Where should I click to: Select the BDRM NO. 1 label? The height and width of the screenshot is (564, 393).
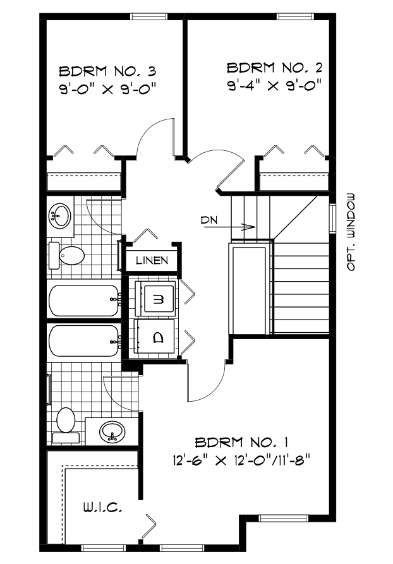click(x=242, y=440)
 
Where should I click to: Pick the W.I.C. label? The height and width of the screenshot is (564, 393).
click(x=101, y=507)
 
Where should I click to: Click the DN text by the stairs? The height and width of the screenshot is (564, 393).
click(x=209, y=220)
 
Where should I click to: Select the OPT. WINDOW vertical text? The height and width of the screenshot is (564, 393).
click(x=351, y=231)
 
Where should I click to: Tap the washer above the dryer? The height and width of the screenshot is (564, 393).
click(x=157, y=298)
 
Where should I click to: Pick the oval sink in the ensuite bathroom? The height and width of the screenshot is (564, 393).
click(x=112, y=433)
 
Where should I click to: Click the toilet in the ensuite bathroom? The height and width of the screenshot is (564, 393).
click(x=65, y=424)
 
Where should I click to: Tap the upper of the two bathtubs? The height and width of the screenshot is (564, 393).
click(x=84, y=301)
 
